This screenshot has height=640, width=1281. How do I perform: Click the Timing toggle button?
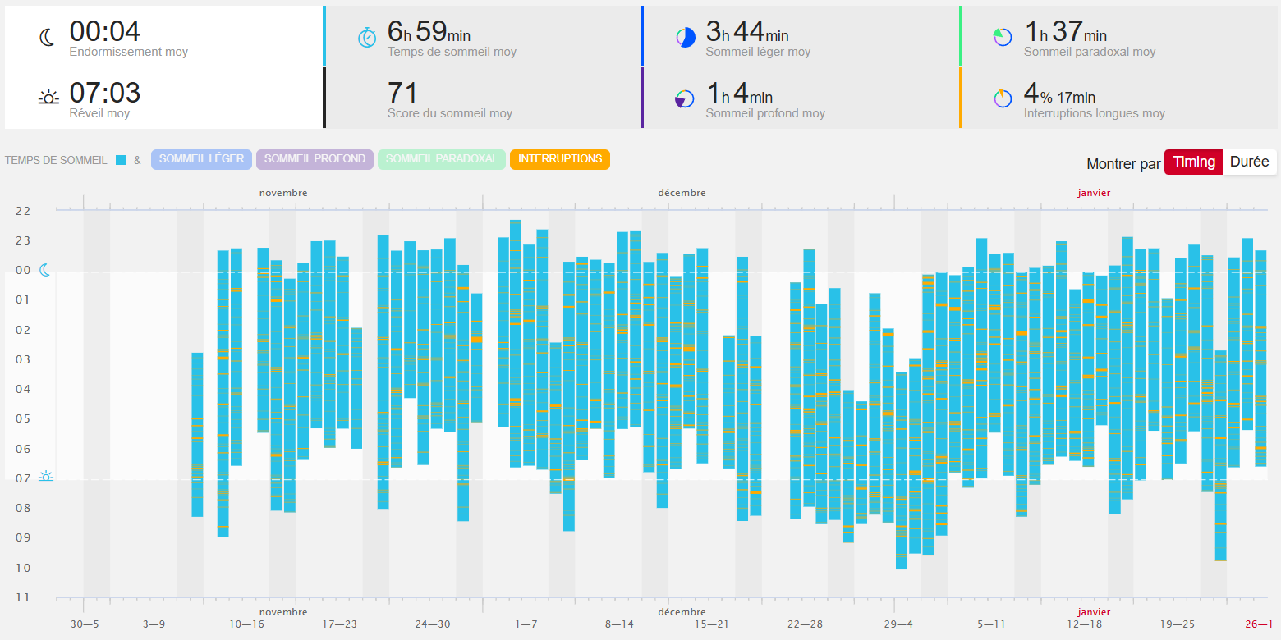click(1193, 162)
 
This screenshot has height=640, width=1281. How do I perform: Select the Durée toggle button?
click(1249, 162)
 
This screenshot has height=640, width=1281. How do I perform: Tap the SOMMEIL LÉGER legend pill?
click(201, 159)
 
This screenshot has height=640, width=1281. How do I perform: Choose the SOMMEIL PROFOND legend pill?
click(315, 159)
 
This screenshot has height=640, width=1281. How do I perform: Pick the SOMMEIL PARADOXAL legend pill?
click(441, 159)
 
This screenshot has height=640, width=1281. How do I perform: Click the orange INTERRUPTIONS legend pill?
click(560, 159)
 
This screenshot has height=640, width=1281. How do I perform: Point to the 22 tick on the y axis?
click(23, 211)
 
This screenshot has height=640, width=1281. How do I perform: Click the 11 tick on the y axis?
click(23, 597)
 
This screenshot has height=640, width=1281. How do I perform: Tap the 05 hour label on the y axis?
click(23, 419)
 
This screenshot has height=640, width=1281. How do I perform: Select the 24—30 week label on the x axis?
click(433, 624)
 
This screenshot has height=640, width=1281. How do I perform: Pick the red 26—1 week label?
click(1259, 624)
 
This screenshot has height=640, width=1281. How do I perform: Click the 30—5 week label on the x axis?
click(84, 624)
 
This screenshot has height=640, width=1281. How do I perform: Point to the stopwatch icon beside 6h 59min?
click(367, 38)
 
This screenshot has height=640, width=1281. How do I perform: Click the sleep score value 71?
click(402, 93)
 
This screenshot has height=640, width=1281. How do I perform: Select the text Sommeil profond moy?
click(765, 113)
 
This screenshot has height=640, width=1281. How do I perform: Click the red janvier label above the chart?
click(1094, 193)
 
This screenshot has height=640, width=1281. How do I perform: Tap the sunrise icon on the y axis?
click(46, 477)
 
